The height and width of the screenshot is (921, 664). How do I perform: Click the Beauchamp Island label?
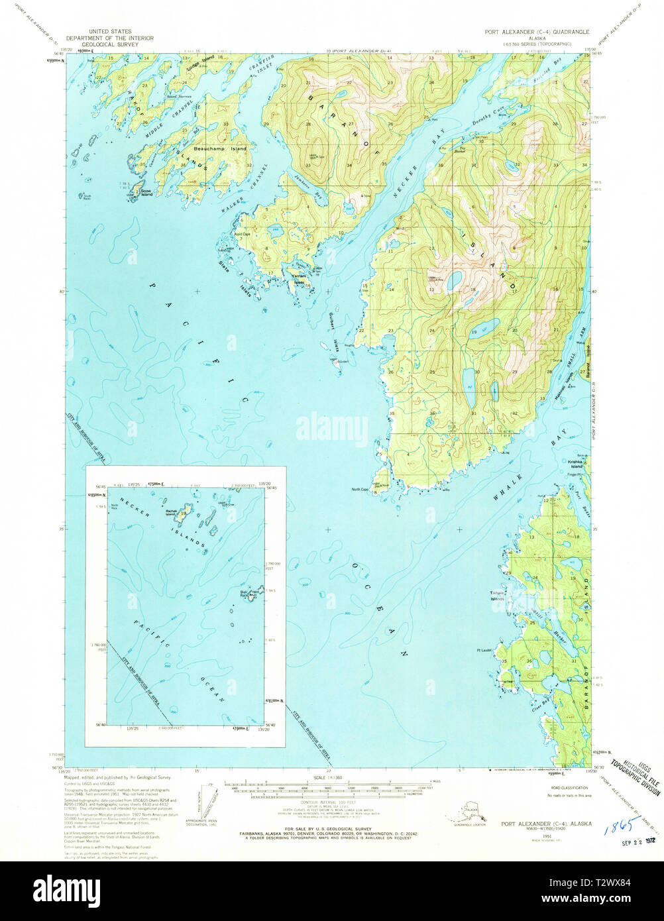(x=211, y=149)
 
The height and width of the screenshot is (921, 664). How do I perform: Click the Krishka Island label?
(x=575, y=464)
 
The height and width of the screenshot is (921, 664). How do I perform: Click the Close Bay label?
(x=541, y=707)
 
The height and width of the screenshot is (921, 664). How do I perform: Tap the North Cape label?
(x=360, y=490)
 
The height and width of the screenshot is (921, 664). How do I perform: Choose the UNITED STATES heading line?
(x=111, y=31)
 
